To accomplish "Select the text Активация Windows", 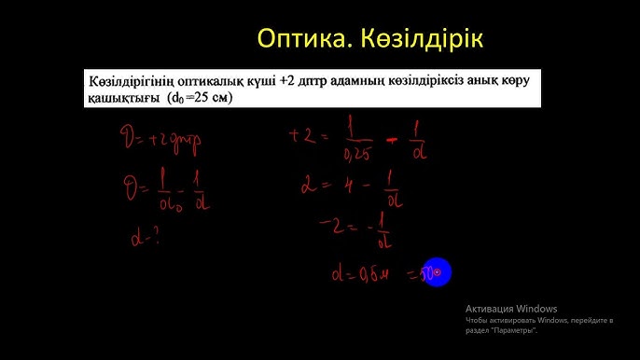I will (x=511, y=309).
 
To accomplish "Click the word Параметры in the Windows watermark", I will (x=516, y=331).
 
